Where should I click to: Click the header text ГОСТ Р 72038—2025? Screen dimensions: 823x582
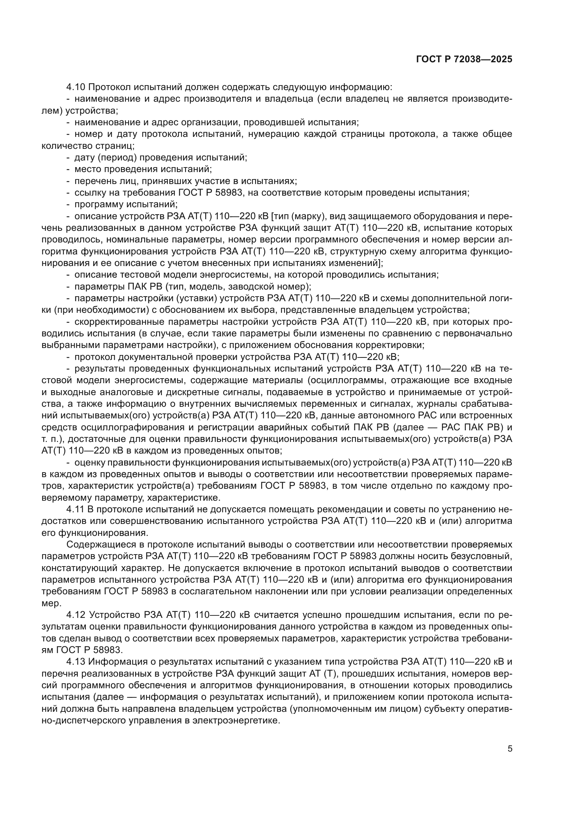464,59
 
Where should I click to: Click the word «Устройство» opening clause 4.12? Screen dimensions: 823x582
114,615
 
